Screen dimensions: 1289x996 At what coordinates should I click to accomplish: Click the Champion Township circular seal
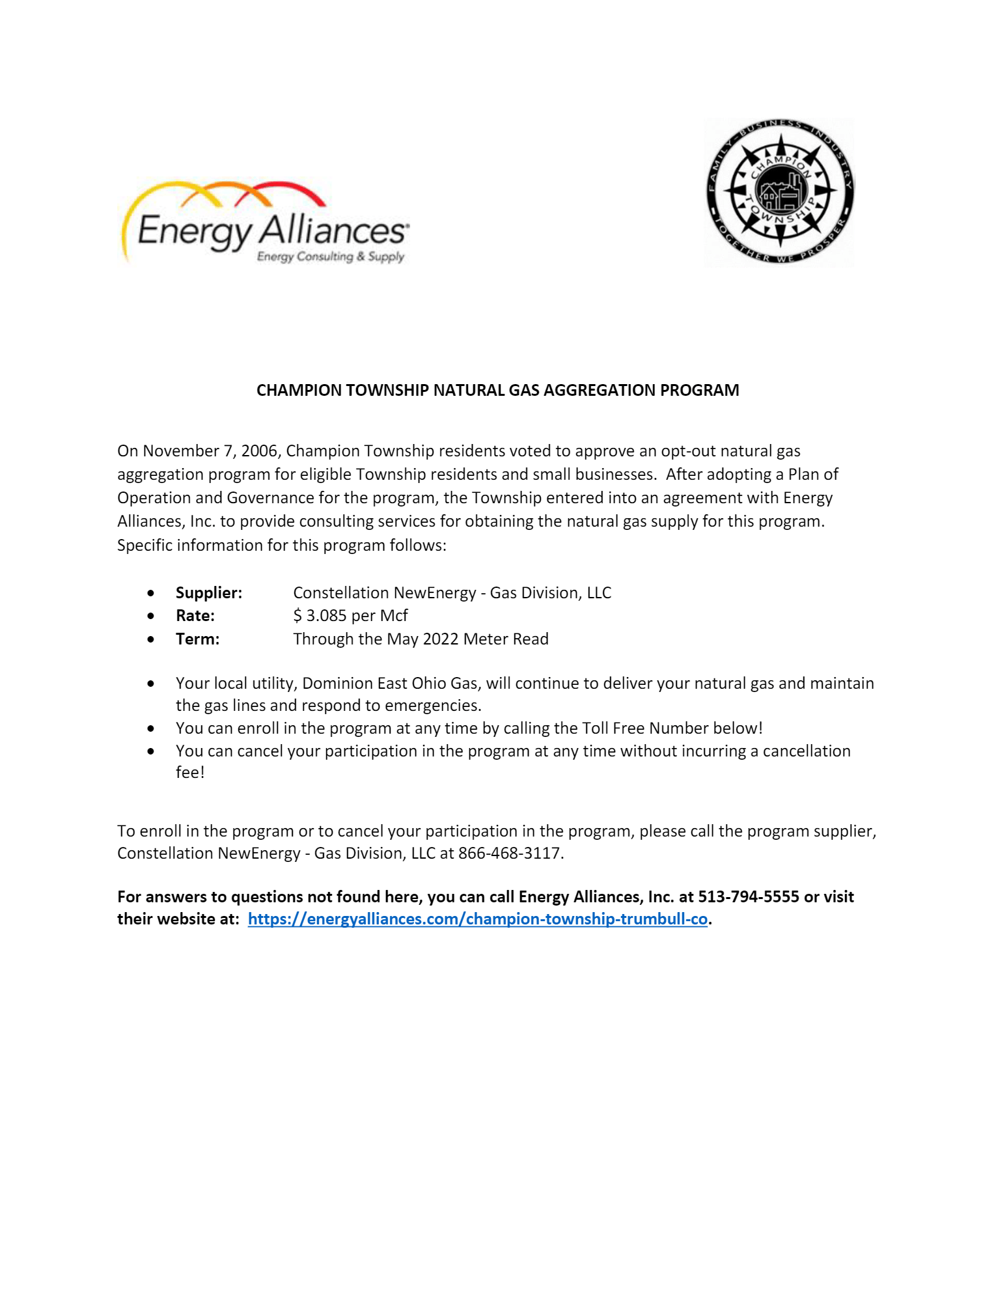[x=780, y=192]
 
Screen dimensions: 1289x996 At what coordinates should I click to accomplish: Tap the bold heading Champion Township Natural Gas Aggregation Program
[x=497, y=390]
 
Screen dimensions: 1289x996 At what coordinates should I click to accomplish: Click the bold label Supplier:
[x=208, y=592]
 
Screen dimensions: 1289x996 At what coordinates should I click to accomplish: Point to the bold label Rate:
[x=195, y=615]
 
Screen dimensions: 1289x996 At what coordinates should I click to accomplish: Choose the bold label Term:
[x=197, y=639]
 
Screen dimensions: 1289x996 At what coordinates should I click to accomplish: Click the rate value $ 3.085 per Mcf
[x=350, y=615]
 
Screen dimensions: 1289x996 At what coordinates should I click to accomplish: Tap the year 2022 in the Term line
[x=441, y=639]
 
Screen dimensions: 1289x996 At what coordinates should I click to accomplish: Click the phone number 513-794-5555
[x=748, y=896]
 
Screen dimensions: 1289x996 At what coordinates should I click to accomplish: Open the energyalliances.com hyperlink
[x=477, y=919]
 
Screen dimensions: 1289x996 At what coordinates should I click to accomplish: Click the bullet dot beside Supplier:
[x=151, y=593]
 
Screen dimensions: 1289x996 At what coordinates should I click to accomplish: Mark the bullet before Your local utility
[x=151, y=684]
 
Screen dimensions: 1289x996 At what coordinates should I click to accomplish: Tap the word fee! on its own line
[x=190, y=773]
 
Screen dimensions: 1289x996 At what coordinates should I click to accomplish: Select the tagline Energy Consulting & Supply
[x=330, y=256]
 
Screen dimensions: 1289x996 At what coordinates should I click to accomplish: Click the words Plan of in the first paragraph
[x=813, y=474]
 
